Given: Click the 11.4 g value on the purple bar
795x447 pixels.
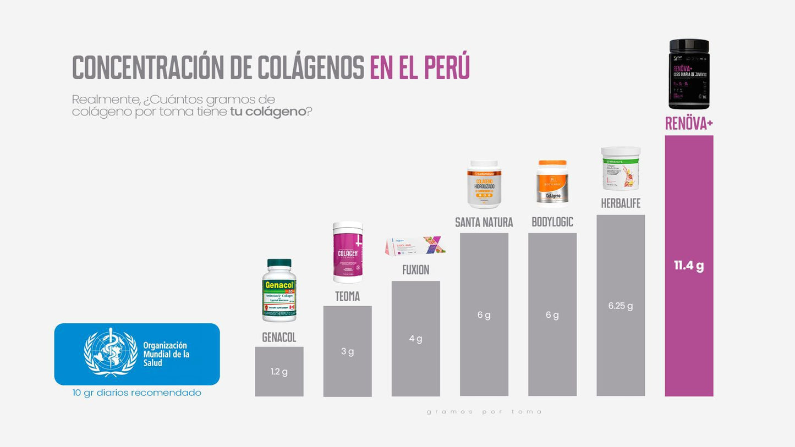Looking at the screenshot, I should click(x=689, y=266).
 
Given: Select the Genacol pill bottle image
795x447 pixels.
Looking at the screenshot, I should click(x=279, y=290).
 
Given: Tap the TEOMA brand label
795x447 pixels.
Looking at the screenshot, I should click(x=347, y=297).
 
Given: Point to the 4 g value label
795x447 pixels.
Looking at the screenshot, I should click(x=415, y=339).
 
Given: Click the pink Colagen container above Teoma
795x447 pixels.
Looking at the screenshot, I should click(x=347, y=252).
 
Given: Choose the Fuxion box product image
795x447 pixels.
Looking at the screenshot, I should click(x=415, y=246).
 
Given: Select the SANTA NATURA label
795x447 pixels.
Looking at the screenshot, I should click(x=484, y=223).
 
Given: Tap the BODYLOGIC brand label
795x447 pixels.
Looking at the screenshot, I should click(x=552, y=222).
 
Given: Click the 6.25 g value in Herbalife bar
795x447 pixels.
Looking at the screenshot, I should click(x=621, y=306).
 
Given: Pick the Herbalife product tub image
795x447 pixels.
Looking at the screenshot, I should click(x=621, y=168).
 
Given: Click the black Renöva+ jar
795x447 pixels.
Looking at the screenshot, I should click(x=689, y=74).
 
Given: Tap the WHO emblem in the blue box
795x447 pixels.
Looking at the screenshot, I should click(x=111, y=352).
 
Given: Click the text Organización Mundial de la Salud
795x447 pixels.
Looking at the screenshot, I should click(x=166, y=354).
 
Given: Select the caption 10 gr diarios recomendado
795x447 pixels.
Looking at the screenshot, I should click(x=136, y=393).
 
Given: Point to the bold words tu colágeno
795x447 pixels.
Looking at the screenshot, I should click(x=267, y=112).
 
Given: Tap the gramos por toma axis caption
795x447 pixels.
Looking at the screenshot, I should click(x=484, y=412).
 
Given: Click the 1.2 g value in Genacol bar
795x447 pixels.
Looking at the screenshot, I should click(x=279, y=372).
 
